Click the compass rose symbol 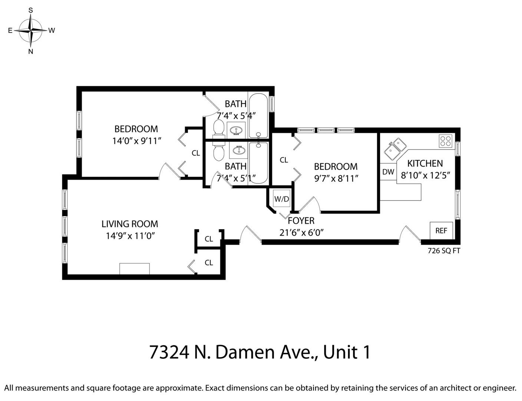31,30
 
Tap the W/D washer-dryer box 281,199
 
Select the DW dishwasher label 388,172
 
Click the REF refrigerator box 441,231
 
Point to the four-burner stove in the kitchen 446,141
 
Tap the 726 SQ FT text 444,251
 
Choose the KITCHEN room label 425,163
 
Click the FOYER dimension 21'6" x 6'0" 301,232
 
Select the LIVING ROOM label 130,224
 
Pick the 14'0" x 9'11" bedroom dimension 137,141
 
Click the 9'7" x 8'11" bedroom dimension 336,178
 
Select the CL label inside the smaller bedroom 284,160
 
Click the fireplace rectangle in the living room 135,269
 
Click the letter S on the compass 31,10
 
